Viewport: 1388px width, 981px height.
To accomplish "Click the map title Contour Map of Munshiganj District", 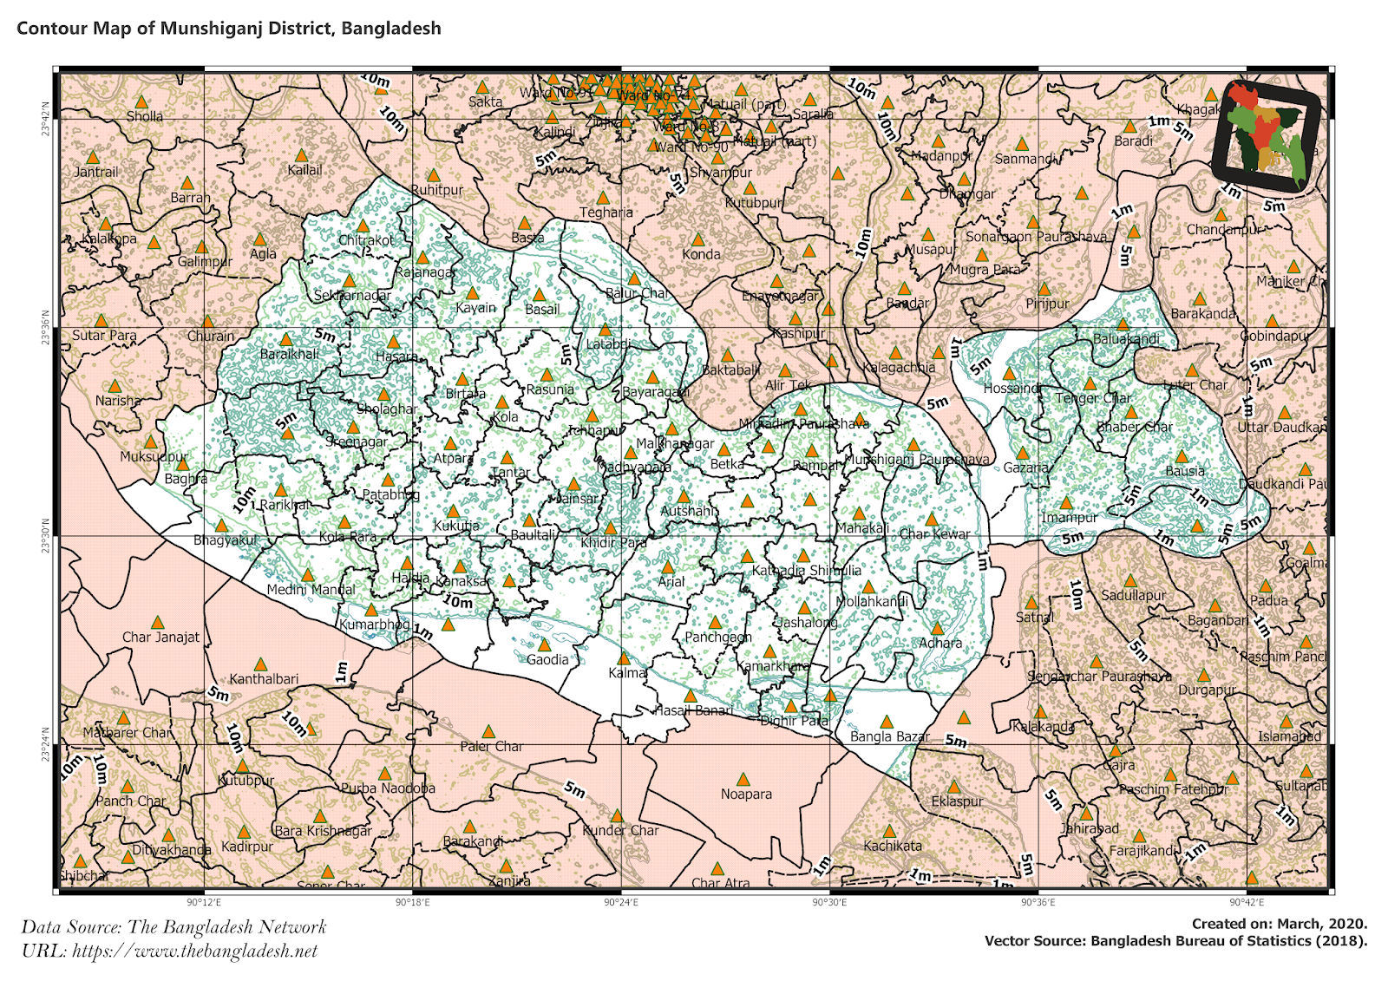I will tap(229, 28).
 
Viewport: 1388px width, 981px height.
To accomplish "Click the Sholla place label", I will tap(145, 116).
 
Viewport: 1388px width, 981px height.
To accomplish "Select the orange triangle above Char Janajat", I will tap(157, 622).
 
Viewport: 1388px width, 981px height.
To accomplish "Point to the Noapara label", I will tap(746, 794).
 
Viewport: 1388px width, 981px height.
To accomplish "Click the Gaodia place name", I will tap(547, 659).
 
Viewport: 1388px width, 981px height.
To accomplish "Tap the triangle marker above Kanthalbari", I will tap(260, 664).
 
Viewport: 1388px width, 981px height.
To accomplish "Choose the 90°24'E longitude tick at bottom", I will tap(621, 903).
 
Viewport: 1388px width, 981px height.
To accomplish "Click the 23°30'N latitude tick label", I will tap(44, 536).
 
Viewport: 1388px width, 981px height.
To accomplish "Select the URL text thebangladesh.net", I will tap(170, 951).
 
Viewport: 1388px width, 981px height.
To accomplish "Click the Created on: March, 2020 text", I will tap(1279, 924).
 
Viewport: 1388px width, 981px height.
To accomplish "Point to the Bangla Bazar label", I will tap(889, 736).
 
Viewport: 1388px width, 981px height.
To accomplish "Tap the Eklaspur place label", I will tap(957, 801).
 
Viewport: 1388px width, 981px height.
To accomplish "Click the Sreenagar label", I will tap(357, 441).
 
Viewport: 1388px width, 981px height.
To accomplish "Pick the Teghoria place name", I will tap(606, 213).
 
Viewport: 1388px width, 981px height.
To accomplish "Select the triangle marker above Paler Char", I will tap(488, 731).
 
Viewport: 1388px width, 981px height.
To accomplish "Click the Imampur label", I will tap(1070, 518).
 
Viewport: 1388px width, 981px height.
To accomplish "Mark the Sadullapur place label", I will tap(1133, 596).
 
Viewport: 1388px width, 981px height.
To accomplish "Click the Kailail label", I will tap(304, 170).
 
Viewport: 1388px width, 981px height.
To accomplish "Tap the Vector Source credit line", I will tap(1175, 941).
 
